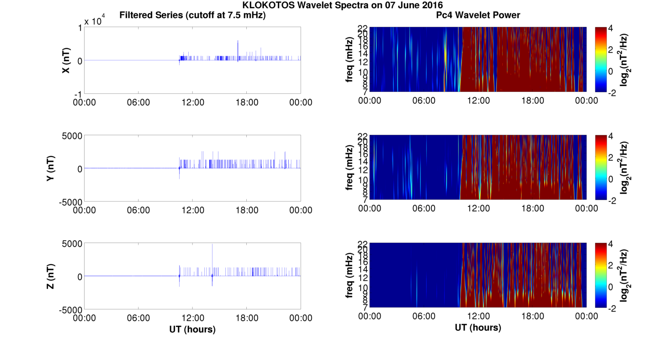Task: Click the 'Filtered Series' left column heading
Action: [x=192, y=16]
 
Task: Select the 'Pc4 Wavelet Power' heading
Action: [x=478, y=16]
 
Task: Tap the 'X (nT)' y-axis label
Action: [x=66, y=60]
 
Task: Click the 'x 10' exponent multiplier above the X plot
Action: [x=94, y=22]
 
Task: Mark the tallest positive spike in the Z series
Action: [x=212, y=245]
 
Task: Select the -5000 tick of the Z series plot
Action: [x=70, y=309]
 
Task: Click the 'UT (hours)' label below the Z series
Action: [x=192, y=329]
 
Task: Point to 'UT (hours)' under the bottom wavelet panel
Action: [x=478, y=328]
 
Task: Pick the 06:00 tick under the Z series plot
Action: [x=138, y=318]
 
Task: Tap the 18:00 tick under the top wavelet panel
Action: [x=532, y=101]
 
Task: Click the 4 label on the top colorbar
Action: [x=613, y=28]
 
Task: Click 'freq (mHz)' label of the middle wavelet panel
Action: [x=350, y=167]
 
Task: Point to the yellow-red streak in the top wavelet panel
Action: [x=445, y=57]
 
